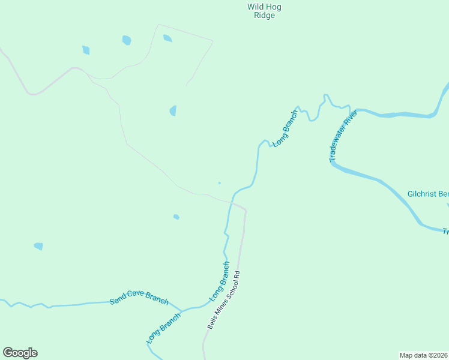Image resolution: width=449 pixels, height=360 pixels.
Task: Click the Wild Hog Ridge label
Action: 264,11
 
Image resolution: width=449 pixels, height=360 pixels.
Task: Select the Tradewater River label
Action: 343,136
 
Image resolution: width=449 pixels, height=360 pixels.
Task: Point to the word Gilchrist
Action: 422,194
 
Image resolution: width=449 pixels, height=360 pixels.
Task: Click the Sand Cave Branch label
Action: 139,300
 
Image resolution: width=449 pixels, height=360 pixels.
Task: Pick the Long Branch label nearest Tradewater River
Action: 285,128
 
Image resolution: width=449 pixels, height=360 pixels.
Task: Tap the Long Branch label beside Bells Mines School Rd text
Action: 219,281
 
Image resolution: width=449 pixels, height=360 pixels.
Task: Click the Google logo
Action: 20,353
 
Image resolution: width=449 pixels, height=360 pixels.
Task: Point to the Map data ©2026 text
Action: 424,355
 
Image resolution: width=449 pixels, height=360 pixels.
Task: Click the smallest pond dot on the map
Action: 219,183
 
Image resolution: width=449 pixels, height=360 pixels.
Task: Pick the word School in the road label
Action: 229,287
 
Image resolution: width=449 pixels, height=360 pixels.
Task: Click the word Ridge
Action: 264,16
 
